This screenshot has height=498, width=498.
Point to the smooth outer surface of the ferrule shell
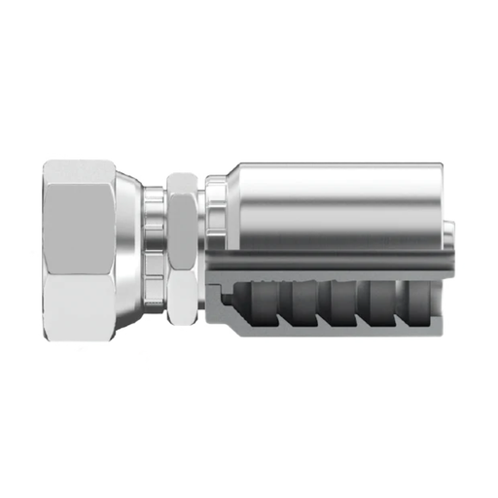[331, 199]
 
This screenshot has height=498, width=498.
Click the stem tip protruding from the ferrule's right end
[450, 233]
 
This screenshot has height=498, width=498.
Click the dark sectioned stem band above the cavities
[331, 262]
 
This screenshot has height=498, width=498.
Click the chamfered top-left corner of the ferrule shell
[231, 171]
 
